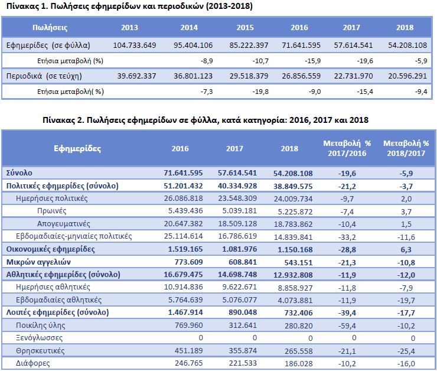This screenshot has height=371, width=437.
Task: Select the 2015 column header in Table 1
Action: point(244,28)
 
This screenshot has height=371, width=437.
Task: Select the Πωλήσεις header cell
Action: point(49,28)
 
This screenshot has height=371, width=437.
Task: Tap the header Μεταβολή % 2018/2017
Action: point(406,148)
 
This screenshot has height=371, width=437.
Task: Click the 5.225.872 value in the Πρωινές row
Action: point(289,210)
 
